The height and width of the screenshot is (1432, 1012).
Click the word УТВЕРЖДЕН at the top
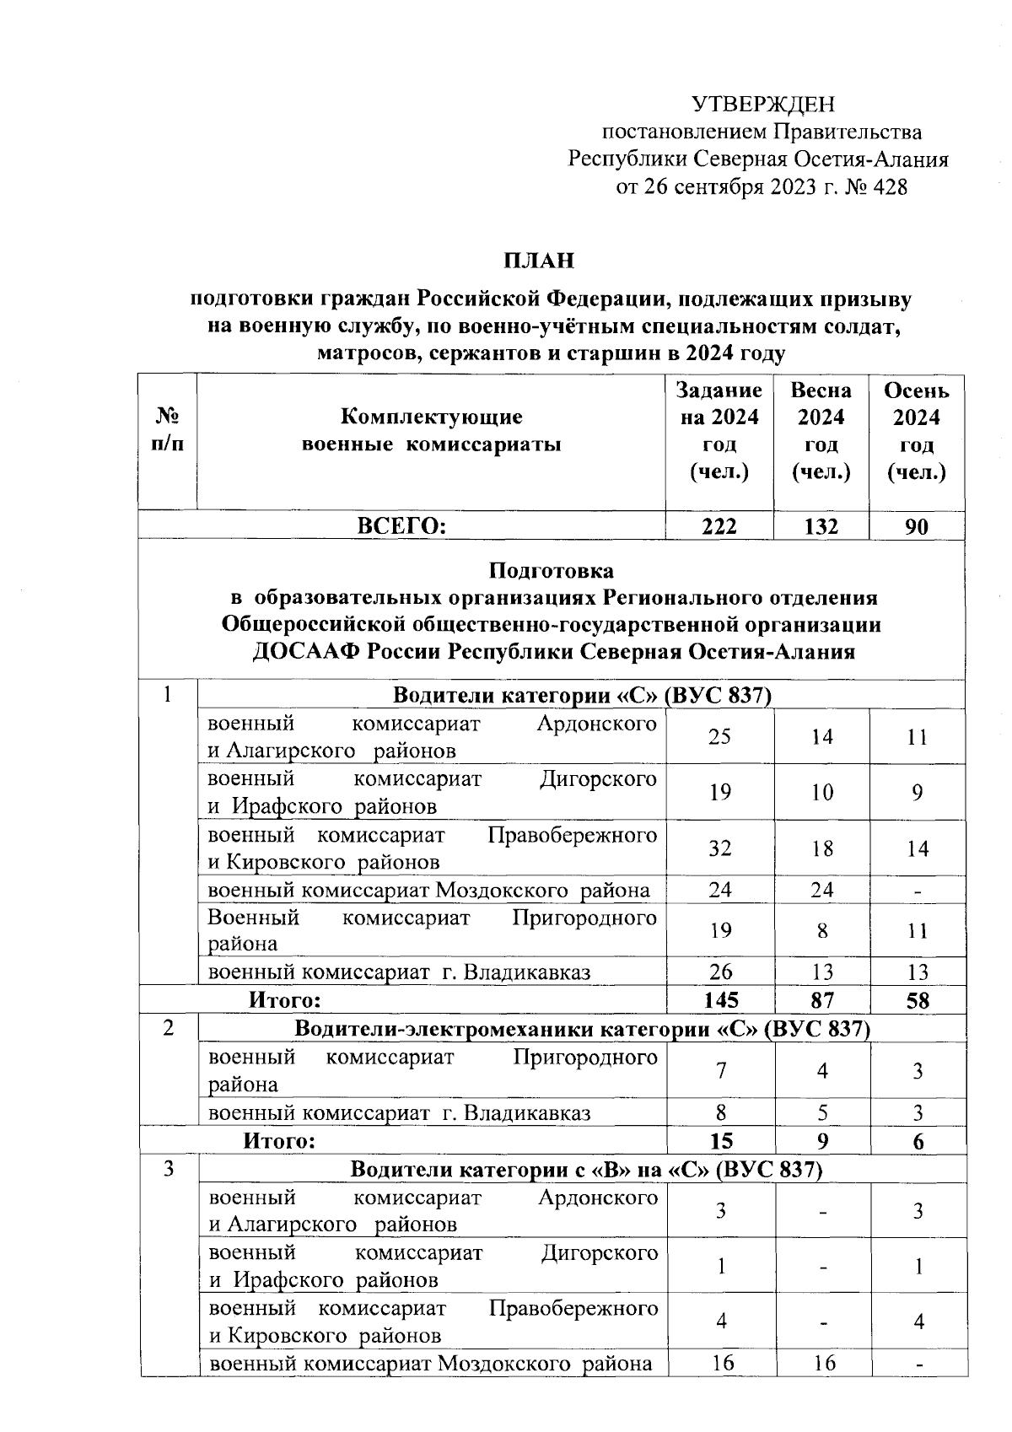click(762, 105)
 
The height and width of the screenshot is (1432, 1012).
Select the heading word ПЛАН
click(539, 261)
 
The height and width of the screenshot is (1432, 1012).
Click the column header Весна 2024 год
click(821, 431)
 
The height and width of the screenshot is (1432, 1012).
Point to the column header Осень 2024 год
click(917, 431)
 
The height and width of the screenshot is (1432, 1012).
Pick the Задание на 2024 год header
click(719, 431)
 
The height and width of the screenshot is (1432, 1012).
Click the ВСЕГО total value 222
click(719, 526)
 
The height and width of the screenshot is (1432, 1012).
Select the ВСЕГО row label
click(401, 526)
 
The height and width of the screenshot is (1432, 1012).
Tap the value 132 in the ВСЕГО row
click(821, 526)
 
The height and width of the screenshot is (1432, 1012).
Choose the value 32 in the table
click(719, 848)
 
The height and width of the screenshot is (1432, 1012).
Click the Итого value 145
click(719, 1000)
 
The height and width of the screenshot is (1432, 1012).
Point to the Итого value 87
click(821, 1000)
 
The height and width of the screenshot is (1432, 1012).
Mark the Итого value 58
click(918, 1000)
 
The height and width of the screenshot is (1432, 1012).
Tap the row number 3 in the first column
click(169, 1170)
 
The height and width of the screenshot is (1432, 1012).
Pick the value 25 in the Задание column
click(719, 737)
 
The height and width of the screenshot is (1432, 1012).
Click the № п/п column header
click(168, 431)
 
